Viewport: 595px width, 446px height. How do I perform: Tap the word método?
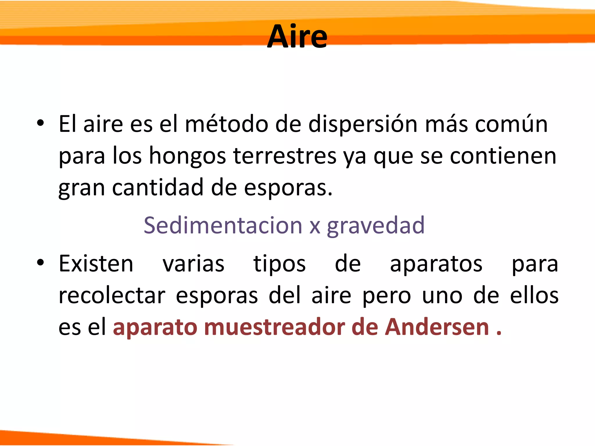pos(226,124)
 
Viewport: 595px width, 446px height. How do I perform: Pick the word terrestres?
pos(285,156)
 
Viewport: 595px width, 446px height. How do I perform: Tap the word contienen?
pos(503,156)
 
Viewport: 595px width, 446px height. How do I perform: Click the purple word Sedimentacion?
pos(223,225)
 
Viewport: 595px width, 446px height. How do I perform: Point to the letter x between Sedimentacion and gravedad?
pos(315,226)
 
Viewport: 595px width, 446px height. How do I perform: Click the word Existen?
pos(96,264)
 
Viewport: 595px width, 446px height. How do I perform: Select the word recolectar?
pos(112,296)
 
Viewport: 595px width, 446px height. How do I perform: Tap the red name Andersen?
pos(437,328)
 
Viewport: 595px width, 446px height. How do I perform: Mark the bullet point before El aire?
pos(40,123)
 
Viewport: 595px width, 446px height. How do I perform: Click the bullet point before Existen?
pos(40,262)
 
